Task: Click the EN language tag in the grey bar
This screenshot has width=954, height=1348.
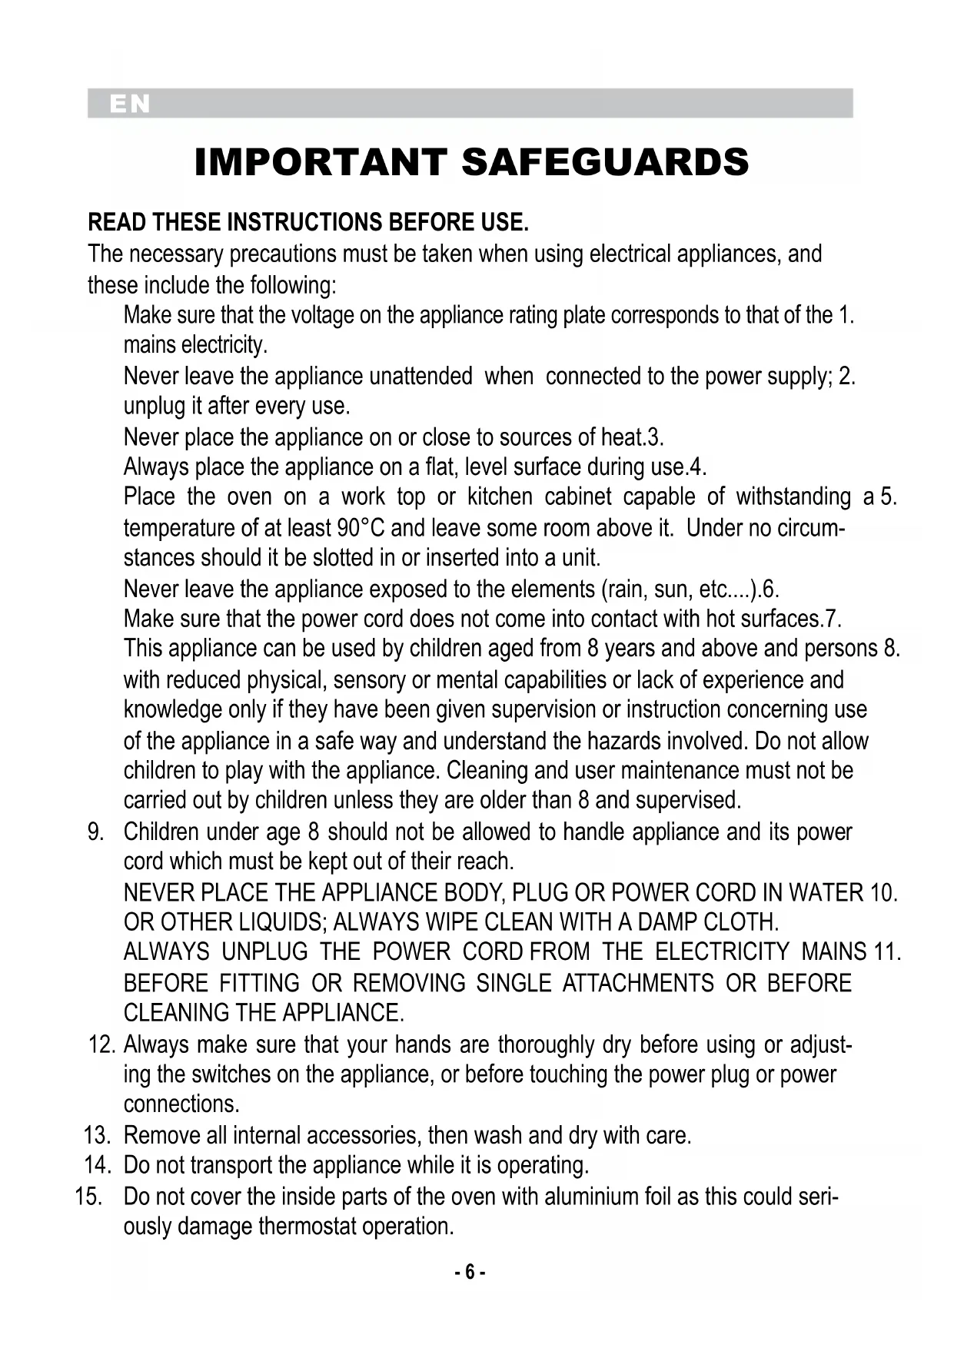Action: [129, 104]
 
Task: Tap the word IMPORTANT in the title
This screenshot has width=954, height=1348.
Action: [321, 163]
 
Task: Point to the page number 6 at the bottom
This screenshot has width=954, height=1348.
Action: [470, 1273]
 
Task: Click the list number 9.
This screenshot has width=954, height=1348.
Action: [95, 832]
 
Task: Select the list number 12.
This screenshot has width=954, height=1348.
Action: [101, 1045]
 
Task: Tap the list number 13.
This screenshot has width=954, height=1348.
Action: [96, 1136]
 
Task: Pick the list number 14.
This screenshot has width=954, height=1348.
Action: [97, 1166]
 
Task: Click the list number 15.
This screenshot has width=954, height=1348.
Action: [88, 1197]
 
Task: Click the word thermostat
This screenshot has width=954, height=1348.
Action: [307, 1227]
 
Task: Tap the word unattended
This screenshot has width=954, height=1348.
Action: [420, 377]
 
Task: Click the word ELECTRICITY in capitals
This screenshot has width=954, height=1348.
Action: [722, 953]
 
